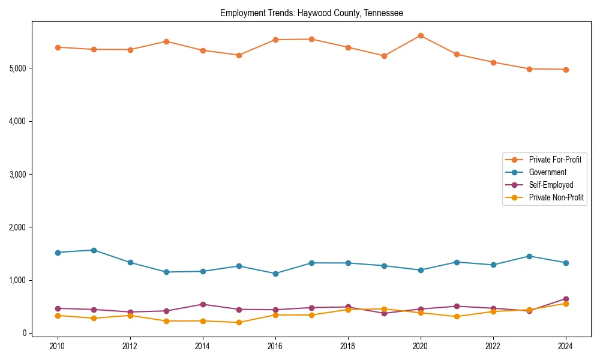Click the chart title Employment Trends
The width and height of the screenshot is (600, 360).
[x=311, y=13]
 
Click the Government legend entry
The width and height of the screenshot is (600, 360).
[x=547, y=172]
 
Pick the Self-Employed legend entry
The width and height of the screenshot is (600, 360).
[x=551, y=185]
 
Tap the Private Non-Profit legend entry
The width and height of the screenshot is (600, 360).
[x=556, y=197]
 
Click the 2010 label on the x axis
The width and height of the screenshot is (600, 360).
[x=58, y=346]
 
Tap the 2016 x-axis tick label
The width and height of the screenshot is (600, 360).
[x=275, y=346]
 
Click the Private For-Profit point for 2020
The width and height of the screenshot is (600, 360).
[x=421, y=35]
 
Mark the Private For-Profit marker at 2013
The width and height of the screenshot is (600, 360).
[x=166, y=41]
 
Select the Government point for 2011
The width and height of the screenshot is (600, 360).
[x=94, y=250]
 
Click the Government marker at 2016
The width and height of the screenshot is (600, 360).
[x=275, y=274]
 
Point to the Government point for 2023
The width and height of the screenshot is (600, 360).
[x=529, y=256]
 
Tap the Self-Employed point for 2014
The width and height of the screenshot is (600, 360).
[x=203, y=304]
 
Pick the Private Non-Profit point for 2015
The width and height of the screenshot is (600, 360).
[x=239, y=322]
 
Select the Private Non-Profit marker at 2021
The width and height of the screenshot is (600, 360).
[x=457, y=316]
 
